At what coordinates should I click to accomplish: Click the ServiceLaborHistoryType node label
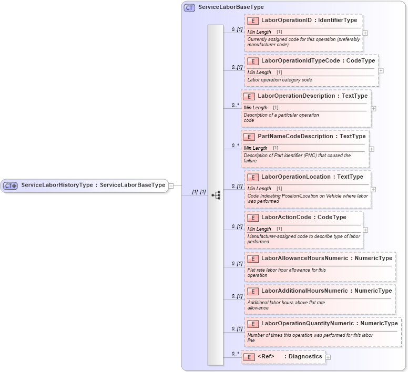(x=93, y=185)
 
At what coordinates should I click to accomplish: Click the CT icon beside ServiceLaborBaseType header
(x=189, y=7)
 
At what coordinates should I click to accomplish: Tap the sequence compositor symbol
(x=216, y=195)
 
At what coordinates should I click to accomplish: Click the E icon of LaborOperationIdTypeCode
(x=253, y=61)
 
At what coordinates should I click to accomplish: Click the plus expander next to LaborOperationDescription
(x=374, y=109)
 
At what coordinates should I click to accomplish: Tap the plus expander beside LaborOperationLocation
(x=374, y=190)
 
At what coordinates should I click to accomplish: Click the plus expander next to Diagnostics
(x=328, y=357)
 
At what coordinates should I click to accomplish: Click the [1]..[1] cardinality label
(x=199, y=192)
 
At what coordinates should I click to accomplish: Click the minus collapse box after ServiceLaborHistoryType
(x=171, y=185)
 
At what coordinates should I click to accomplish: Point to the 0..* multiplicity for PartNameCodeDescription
(x=235, y=146)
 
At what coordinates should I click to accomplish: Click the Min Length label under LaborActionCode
(x=259, y=229)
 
